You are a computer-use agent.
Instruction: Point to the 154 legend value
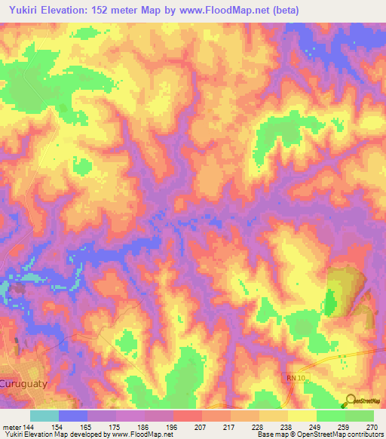[57, 428]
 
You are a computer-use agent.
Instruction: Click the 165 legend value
[86, 428]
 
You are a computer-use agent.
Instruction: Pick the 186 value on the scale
[142, 428]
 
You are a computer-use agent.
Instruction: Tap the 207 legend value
[200, 428]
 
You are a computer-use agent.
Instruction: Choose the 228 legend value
[257, 428]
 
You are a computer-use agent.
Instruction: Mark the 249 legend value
[314, 428]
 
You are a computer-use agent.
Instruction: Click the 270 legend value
[371, 428]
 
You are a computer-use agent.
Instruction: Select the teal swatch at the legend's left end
[44, 416]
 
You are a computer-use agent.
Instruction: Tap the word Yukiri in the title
[24, 11]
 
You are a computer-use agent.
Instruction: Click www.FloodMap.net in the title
[226, 11]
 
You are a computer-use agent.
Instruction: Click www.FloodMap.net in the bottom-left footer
[147, 435]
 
